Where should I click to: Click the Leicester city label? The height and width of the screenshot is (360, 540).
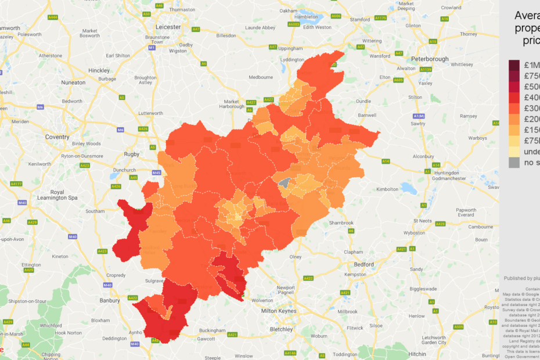[x=168, y=27]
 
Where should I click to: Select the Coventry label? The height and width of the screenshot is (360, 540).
[x=57, y=137]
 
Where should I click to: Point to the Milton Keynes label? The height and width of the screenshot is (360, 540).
[x=279, y=311]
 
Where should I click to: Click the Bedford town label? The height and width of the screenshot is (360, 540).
[x=363, y=264]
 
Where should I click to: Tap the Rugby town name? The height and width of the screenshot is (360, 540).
[x=132, y=154]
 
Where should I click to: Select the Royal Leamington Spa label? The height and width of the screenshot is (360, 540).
[x=65, y=195]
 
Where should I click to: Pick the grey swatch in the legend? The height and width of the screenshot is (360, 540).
[x=514, y=163]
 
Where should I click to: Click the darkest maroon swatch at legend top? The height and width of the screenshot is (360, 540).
[x=514, y=65]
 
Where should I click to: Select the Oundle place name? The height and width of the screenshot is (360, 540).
[x=363, y=101]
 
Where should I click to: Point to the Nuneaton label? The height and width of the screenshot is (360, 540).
[x=73, y=82]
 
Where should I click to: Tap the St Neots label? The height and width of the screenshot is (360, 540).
[x=423, y=221]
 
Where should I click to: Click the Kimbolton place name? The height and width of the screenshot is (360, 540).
[x=388, y=189]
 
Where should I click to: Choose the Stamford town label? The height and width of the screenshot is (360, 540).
[x=360, y=20]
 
